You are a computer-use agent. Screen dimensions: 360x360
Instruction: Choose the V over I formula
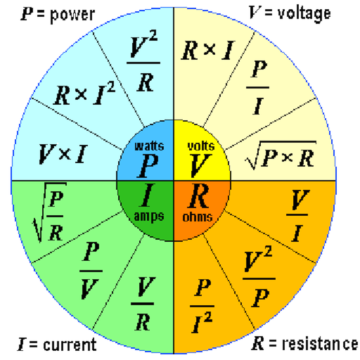click(299, 205)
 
